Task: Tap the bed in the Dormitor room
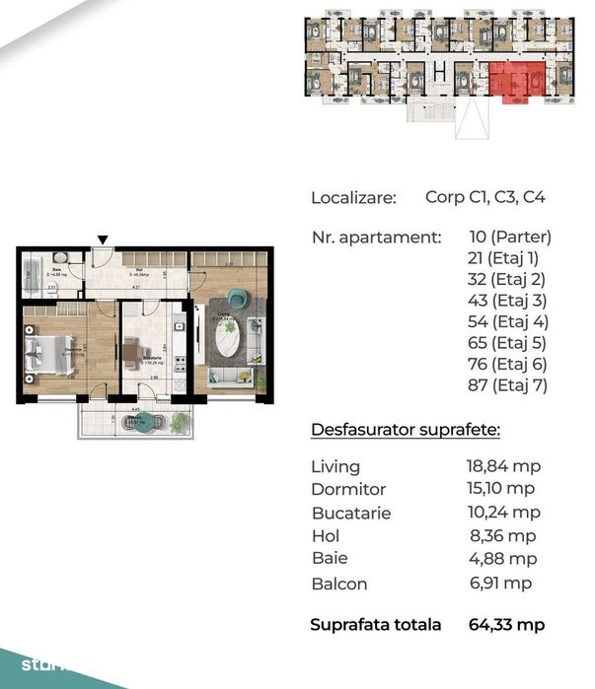click(x=49, y=356)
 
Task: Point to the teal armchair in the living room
click(x=238, y=297)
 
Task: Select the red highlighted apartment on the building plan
click(x=516, y=79)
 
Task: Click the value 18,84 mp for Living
click(x=503, y=466)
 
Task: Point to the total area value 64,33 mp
click(x=505, y=625)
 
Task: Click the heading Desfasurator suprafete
click(x=405, y=431)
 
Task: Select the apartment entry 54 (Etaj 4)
click(x=508, y=322)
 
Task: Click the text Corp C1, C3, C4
click(x=485, y=197)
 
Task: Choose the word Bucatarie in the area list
click(x=351, y=514)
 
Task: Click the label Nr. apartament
click(x=375, y=238)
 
